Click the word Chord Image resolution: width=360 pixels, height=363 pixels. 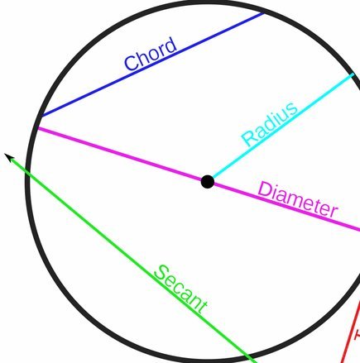pos(151,55)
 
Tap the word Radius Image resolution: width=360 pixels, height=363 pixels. pos(270,124)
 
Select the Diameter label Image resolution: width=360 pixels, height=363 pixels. pos(298,199)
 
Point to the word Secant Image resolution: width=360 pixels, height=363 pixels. pos(181,289)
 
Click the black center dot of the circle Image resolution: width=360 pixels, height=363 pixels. pos(208,182)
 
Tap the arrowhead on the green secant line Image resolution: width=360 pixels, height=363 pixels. pos(9,157)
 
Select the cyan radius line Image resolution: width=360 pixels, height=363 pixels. pos(282,127)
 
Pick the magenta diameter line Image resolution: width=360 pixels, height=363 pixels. pos(199,179)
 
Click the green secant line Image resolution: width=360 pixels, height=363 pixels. pos(131,258)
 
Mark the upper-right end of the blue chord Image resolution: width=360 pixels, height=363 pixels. pos(263,13)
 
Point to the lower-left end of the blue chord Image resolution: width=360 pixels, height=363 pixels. pos(41,116)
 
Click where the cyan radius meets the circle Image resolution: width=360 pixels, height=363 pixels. pos(353,74)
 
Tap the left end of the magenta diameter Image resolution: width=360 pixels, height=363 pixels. pos(38,128)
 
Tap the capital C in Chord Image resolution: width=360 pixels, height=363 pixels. pos(132,64)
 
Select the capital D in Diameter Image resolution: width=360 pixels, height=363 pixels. pos(265,190)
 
